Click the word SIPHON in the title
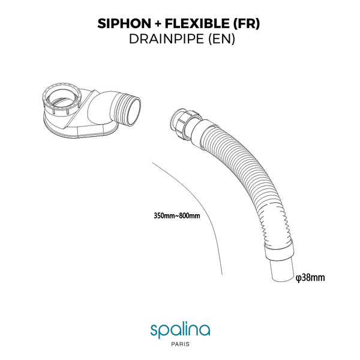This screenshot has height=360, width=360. [124, 23]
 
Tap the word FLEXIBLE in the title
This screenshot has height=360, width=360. [197, 23]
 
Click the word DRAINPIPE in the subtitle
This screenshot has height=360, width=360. [166, 39]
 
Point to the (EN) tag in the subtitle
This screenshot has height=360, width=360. [221, 39]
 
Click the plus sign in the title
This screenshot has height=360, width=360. [158, 24]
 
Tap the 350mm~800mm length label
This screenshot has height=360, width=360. [177, 216]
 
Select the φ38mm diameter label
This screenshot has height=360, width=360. [310, 278]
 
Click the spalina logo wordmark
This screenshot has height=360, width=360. [180, 330]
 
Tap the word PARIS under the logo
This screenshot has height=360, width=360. [181, 344]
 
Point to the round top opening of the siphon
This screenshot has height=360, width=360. [62, 96]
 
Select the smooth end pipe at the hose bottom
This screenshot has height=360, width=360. [283, 269]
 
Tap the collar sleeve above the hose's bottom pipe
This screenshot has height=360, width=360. [279, 250]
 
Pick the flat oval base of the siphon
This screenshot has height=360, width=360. [81, 130]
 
